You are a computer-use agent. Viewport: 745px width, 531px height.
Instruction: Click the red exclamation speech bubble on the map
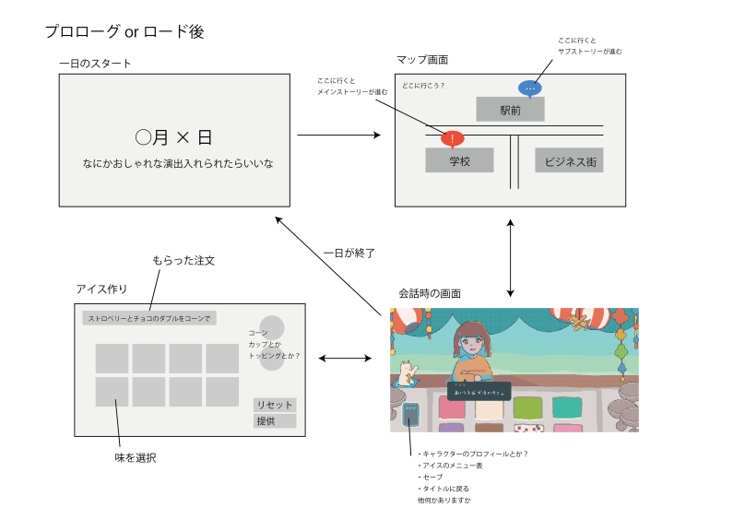452,139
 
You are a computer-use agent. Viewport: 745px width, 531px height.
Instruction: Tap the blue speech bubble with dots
529,88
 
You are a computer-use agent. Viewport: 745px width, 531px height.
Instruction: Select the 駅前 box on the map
510,110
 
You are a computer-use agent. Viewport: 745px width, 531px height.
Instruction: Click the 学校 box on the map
460,160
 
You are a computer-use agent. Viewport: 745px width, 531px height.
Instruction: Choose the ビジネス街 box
569,160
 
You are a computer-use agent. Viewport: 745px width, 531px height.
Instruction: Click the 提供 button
275,421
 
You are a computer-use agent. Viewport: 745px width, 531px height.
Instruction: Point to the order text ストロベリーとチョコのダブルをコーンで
149,318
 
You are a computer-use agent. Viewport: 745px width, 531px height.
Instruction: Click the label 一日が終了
349,252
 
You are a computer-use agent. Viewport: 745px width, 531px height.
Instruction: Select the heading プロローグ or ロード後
124,31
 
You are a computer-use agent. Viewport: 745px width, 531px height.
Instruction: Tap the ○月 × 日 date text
174,138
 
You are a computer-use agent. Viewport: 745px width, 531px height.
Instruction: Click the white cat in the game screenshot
407,372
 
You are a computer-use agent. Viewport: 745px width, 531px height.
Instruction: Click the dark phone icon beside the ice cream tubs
411,414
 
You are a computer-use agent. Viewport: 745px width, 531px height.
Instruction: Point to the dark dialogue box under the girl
479,391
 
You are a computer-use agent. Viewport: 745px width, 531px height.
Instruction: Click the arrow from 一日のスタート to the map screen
339,136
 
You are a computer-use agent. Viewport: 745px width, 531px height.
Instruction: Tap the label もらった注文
183,261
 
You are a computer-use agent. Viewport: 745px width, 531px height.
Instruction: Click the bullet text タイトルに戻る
444,488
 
